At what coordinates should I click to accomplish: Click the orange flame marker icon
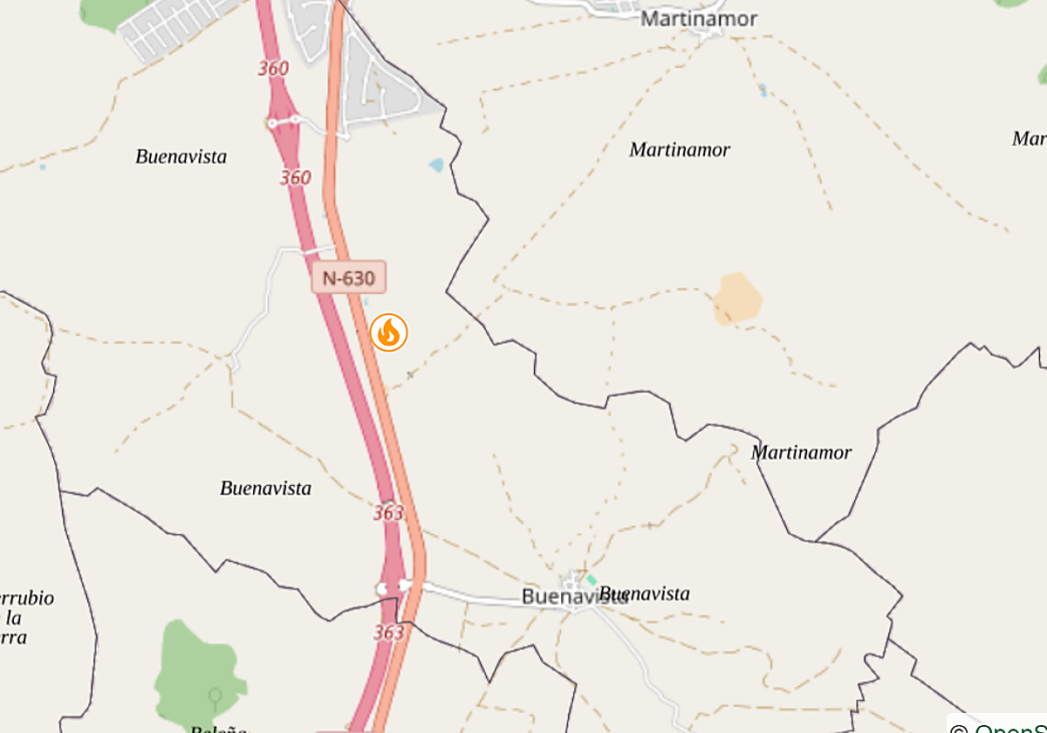(388, 332)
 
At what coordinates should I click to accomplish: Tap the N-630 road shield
(348, 278)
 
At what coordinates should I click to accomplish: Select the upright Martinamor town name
(699, 18)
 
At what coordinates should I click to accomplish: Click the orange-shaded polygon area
(737, 298)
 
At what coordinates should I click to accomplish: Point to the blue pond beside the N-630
(435, 164)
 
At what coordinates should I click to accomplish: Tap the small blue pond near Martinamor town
(763, 89)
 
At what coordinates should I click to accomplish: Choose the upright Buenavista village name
(563, 597)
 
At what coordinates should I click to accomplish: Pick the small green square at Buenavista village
(592, 579)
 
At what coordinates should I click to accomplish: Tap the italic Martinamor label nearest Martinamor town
(680, 150)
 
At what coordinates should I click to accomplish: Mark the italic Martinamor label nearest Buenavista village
(801, 452)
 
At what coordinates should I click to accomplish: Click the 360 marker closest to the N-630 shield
(295, 178)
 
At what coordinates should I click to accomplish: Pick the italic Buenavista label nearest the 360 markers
(181, 157)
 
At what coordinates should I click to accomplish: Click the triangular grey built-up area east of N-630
(384, 92)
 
